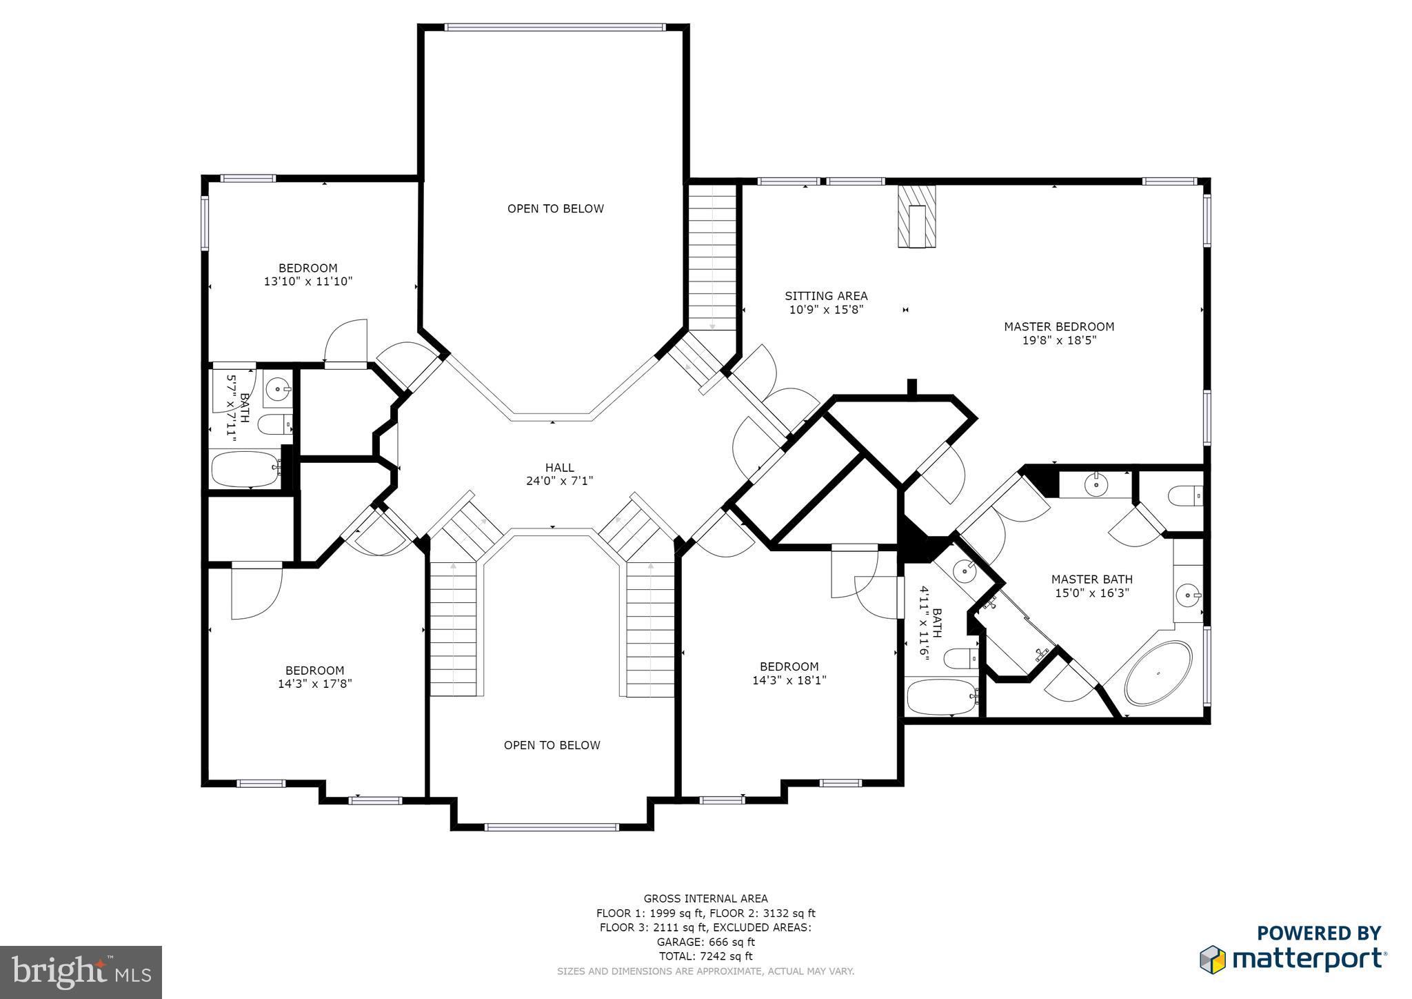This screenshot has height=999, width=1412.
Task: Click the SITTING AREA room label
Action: click(826, 296)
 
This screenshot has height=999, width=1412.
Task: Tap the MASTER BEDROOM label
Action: click(1058, 327)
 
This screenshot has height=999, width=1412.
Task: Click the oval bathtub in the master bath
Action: click(1158, 673)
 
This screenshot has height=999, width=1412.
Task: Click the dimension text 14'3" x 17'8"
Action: click(314, 684)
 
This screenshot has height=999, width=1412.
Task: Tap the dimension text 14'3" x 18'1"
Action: click(789, 680)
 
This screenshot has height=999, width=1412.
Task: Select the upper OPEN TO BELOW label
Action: click(555, 209)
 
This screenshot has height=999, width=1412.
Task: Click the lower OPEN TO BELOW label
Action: click(552, 745)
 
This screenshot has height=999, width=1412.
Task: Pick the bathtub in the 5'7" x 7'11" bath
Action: click(245, 469)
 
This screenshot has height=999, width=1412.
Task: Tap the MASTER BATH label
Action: click(1091, 580)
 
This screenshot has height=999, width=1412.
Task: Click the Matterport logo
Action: click(1293, 958)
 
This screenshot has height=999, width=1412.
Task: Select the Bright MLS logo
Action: click(81, 972)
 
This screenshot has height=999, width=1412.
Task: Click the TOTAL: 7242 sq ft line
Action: click(705, 956)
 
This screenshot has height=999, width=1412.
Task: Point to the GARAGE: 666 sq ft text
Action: click(705, 942)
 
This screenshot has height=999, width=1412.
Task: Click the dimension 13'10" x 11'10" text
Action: click(307, 281)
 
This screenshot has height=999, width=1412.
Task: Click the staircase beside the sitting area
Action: click(713, 262)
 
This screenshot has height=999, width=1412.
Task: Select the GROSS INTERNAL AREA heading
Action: click(705, 898)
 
